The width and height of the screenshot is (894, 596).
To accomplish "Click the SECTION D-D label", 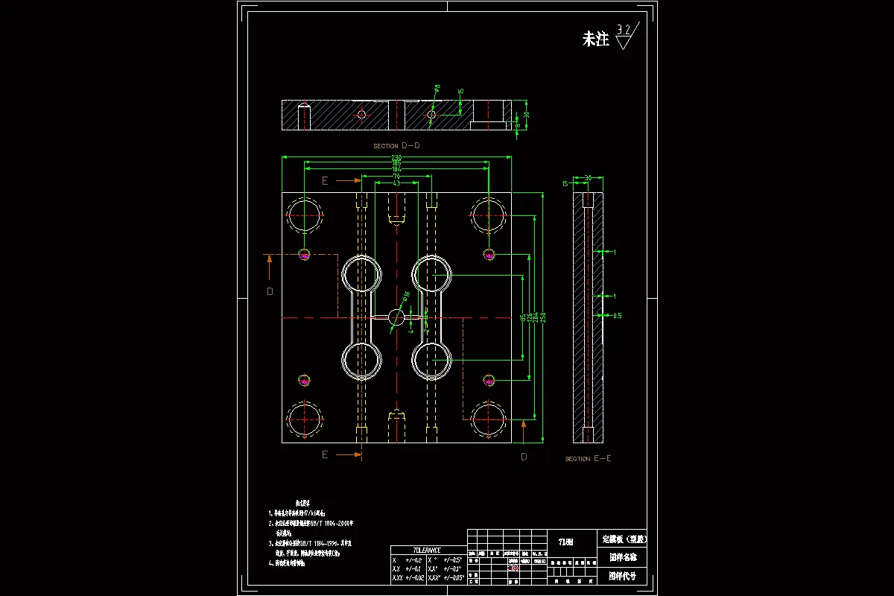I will [396, 146].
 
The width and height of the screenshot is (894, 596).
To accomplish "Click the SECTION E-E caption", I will [588, 459].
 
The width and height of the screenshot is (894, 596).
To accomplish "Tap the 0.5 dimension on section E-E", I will [617, 316].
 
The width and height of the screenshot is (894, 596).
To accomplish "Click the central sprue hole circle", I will [396, 317].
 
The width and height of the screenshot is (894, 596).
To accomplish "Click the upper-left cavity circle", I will [362, 274].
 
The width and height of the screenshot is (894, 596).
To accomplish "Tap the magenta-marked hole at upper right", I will [489, 255].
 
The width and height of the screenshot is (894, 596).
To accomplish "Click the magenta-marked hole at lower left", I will [304, 381].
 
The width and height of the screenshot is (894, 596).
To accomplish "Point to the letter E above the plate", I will [325, 180].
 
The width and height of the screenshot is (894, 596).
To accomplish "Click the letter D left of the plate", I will [270, 291].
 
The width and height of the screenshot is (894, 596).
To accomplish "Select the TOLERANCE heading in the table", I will [427, 550].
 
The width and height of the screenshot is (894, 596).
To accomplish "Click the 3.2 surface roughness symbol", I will [627, 36].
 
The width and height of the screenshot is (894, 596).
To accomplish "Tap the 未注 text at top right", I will [595, 39].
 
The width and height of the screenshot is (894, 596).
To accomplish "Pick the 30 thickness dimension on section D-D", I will [526, 115].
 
